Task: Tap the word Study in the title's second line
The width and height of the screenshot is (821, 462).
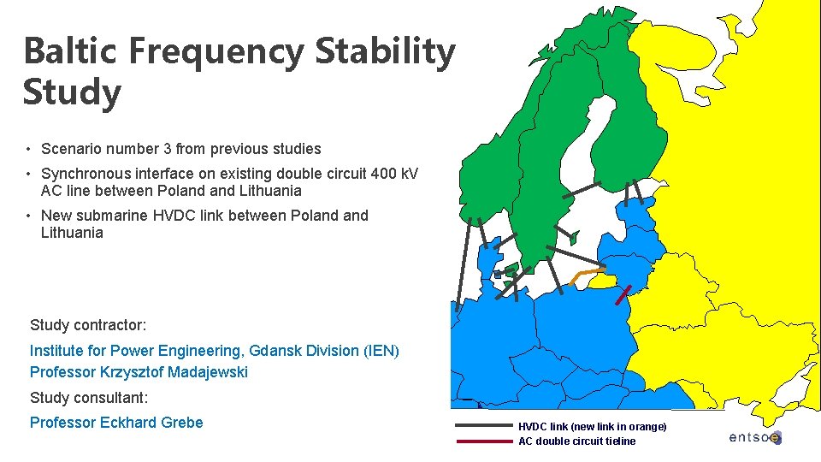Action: coord(72,93)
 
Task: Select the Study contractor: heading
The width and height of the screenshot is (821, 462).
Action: coord(88,325)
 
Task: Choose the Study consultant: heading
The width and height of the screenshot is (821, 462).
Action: coord(89,398)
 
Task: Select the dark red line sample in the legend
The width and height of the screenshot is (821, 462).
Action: coord(483,441)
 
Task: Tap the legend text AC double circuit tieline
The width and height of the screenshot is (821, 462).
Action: coord(576,441)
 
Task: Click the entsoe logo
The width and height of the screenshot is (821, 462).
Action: coord(754,437)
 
